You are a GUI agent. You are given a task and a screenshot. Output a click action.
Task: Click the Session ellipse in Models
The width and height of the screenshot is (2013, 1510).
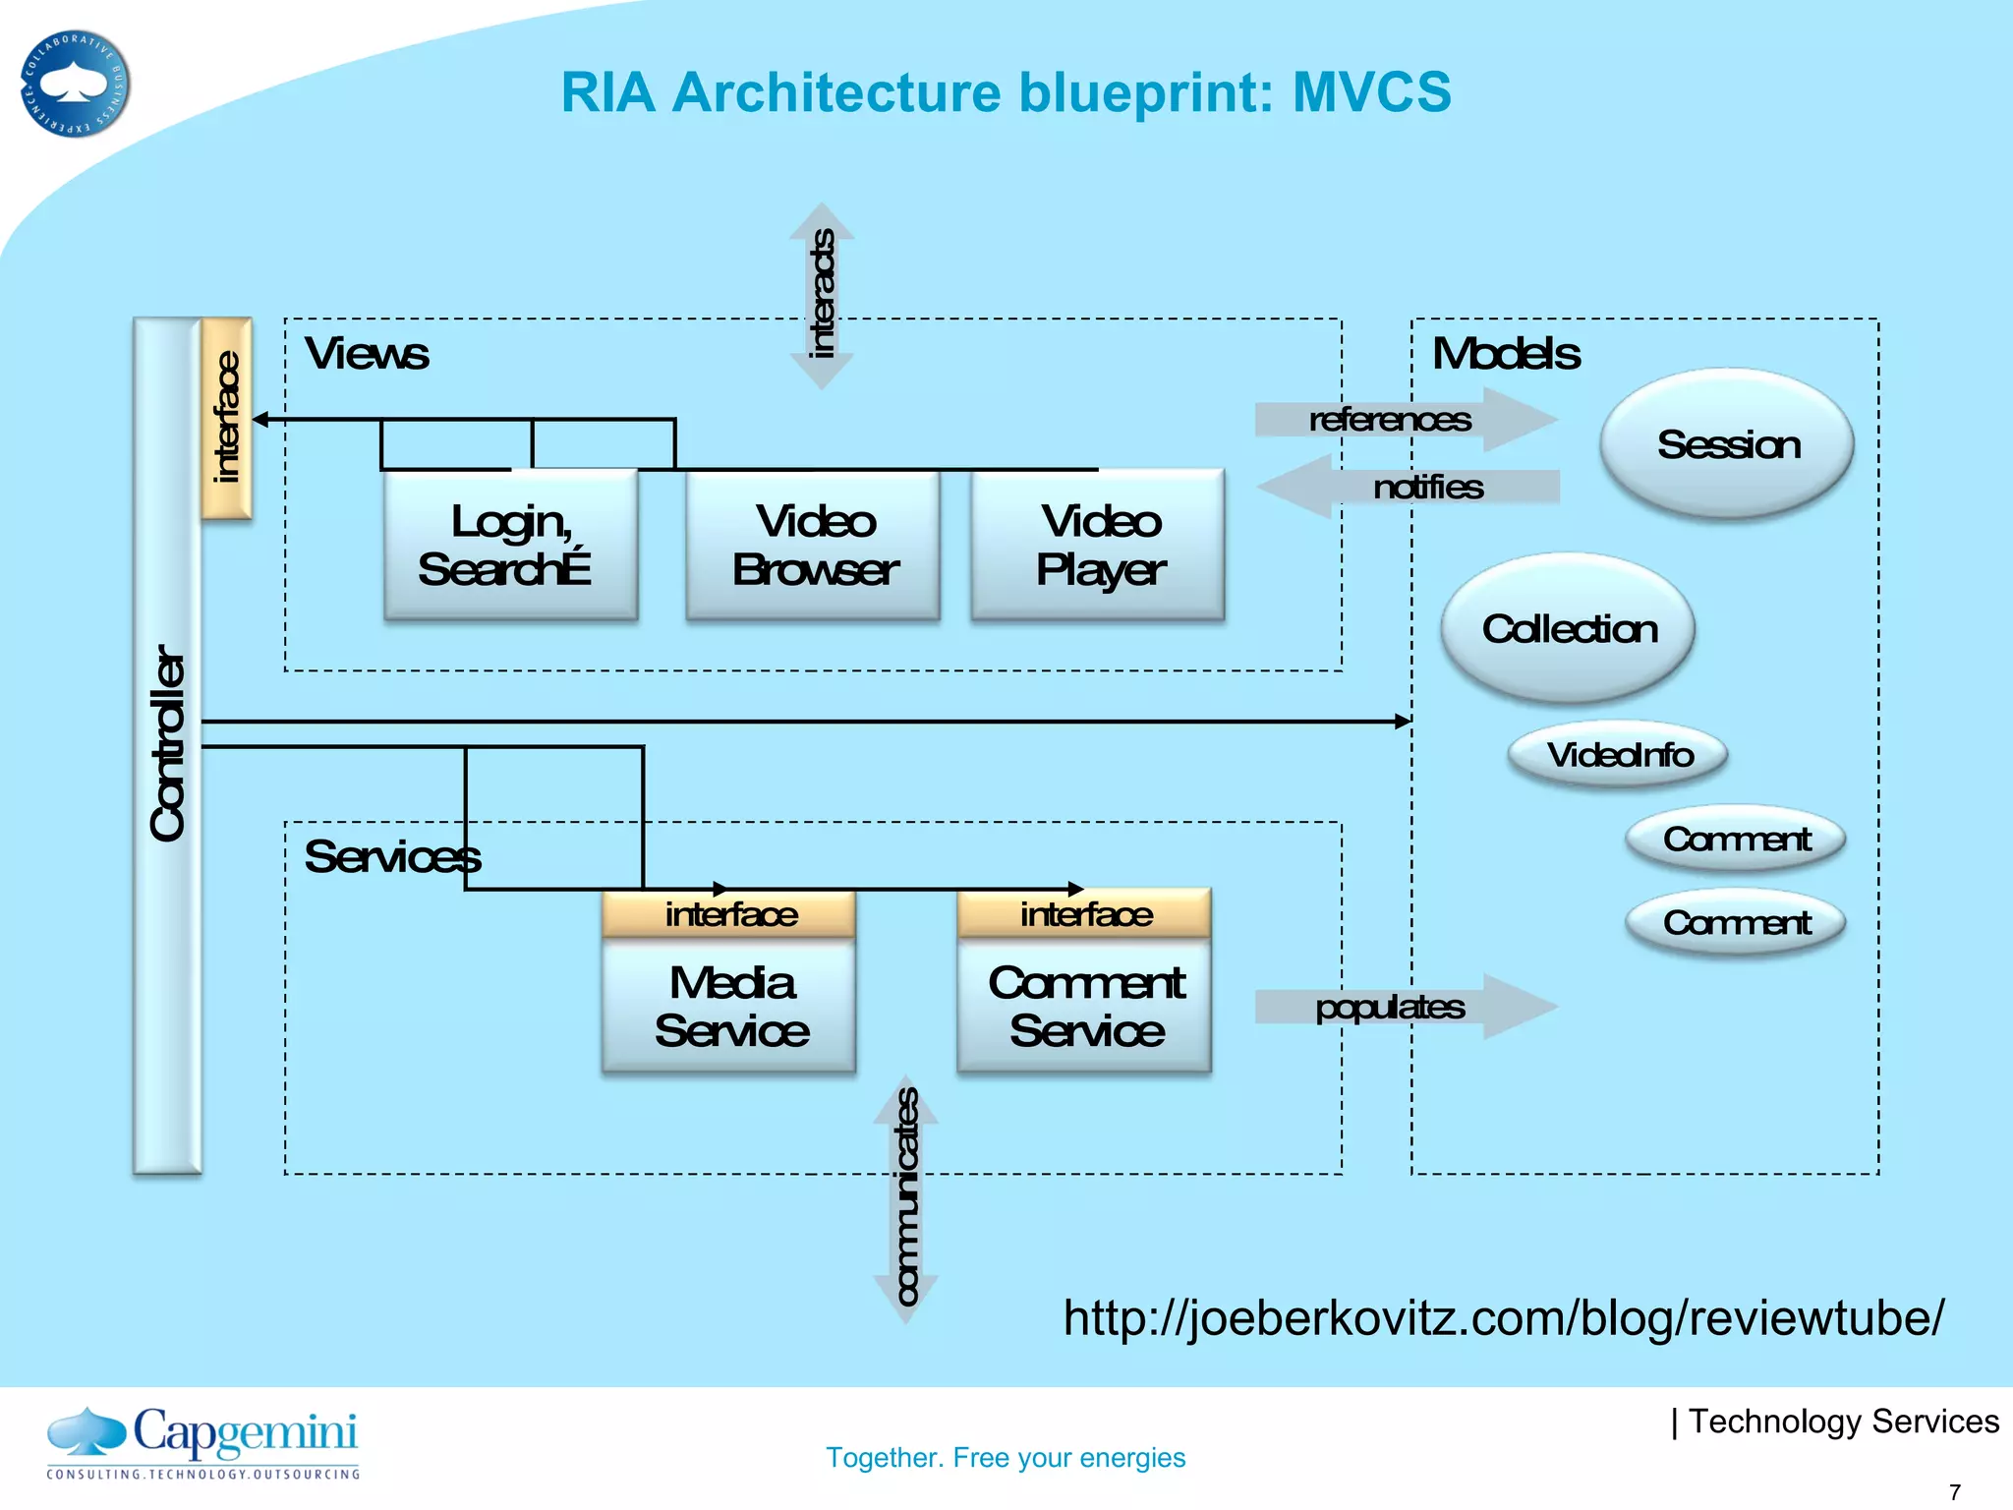coord(1727,444)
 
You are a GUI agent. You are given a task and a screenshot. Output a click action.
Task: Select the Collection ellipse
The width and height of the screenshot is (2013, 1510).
coord(1569,628)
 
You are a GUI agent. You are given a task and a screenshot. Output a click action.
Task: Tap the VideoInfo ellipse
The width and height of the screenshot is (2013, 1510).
coord(1618,754)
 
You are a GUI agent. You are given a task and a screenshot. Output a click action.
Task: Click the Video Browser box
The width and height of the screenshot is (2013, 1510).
coord(813,546)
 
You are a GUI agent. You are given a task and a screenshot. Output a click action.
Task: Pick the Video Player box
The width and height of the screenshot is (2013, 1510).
coord(1099,546)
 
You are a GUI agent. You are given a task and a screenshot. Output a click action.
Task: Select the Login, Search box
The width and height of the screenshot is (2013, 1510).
coord(510,546)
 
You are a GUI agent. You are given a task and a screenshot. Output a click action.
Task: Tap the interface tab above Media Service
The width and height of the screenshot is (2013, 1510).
coord(729,914)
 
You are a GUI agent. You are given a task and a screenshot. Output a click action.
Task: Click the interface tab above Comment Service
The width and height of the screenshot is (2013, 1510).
coord(1085,914)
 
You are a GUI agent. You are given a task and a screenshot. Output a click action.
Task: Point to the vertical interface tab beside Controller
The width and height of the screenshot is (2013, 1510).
coord(227,418)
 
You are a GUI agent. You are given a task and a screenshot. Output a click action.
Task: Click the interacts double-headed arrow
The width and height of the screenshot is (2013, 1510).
coord(822,295)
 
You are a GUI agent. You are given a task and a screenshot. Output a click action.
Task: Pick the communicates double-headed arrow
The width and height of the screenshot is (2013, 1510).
coord(906,1199)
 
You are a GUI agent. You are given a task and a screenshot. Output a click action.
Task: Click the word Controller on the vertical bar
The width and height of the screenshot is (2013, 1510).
coord(167,742)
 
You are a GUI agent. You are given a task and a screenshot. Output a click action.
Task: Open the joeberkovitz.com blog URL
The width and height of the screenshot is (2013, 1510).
coord(1504,1317)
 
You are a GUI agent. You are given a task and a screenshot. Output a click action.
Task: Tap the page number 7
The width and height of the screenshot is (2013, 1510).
coord(1955,1491)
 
